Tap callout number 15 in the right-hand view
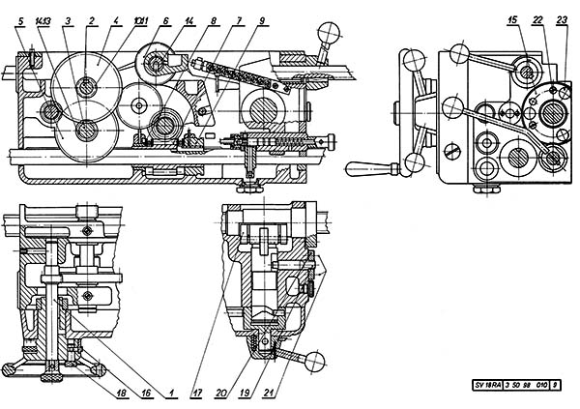(x=511, y=18)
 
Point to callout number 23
(x=561, y=18)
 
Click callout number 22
(x=537, y=18)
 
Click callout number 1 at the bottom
(x=170, y=394)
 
